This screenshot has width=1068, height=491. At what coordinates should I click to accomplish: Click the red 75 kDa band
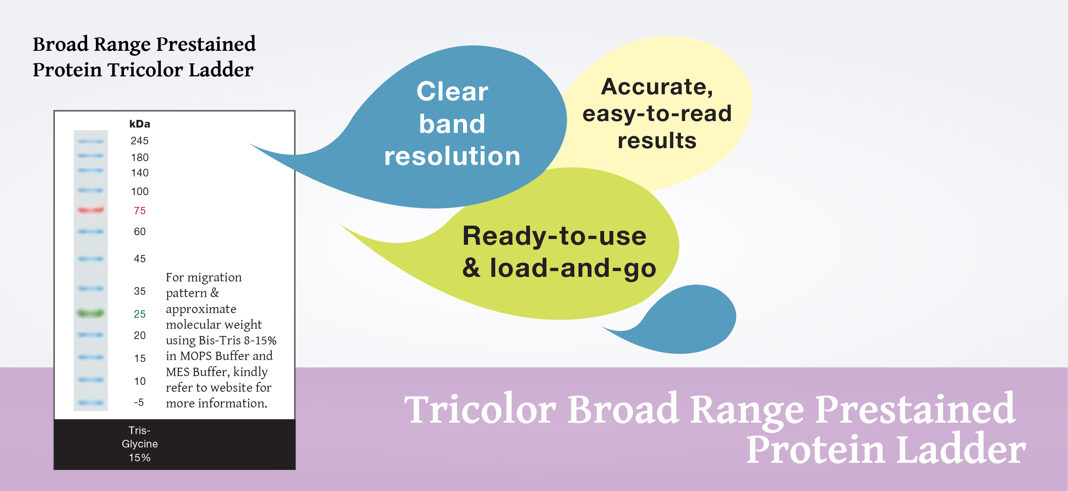click(x=91, y=210)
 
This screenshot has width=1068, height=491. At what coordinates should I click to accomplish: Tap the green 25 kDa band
click(x=91, y=313)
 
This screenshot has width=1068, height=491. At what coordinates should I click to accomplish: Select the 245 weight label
click(x=139, y=141)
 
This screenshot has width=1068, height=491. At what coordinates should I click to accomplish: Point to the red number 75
click(x=140, y=211)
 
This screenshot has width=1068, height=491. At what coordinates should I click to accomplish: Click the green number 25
click(x=140, y=314)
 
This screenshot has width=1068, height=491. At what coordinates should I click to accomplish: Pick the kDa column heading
click(x=139, y=124)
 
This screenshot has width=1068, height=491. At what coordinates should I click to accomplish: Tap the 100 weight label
click(x=140, y=191)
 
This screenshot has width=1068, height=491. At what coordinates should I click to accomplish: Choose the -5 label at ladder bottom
click(x=139, y=402)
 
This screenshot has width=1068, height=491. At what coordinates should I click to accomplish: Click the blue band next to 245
click(x=91, y=142)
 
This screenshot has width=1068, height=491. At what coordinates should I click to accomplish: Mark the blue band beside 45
click(x=91, y=259)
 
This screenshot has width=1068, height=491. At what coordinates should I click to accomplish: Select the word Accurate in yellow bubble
click(x=657, y=87)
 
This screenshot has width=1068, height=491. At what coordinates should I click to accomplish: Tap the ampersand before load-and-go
click(x=472, y=268)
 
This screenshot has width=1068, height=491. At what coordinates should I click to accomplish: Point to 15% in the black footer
click(x=139, y=458)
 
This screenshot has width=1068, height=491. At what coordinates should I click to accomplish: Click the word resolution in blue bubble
click(x=452, y=156)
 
